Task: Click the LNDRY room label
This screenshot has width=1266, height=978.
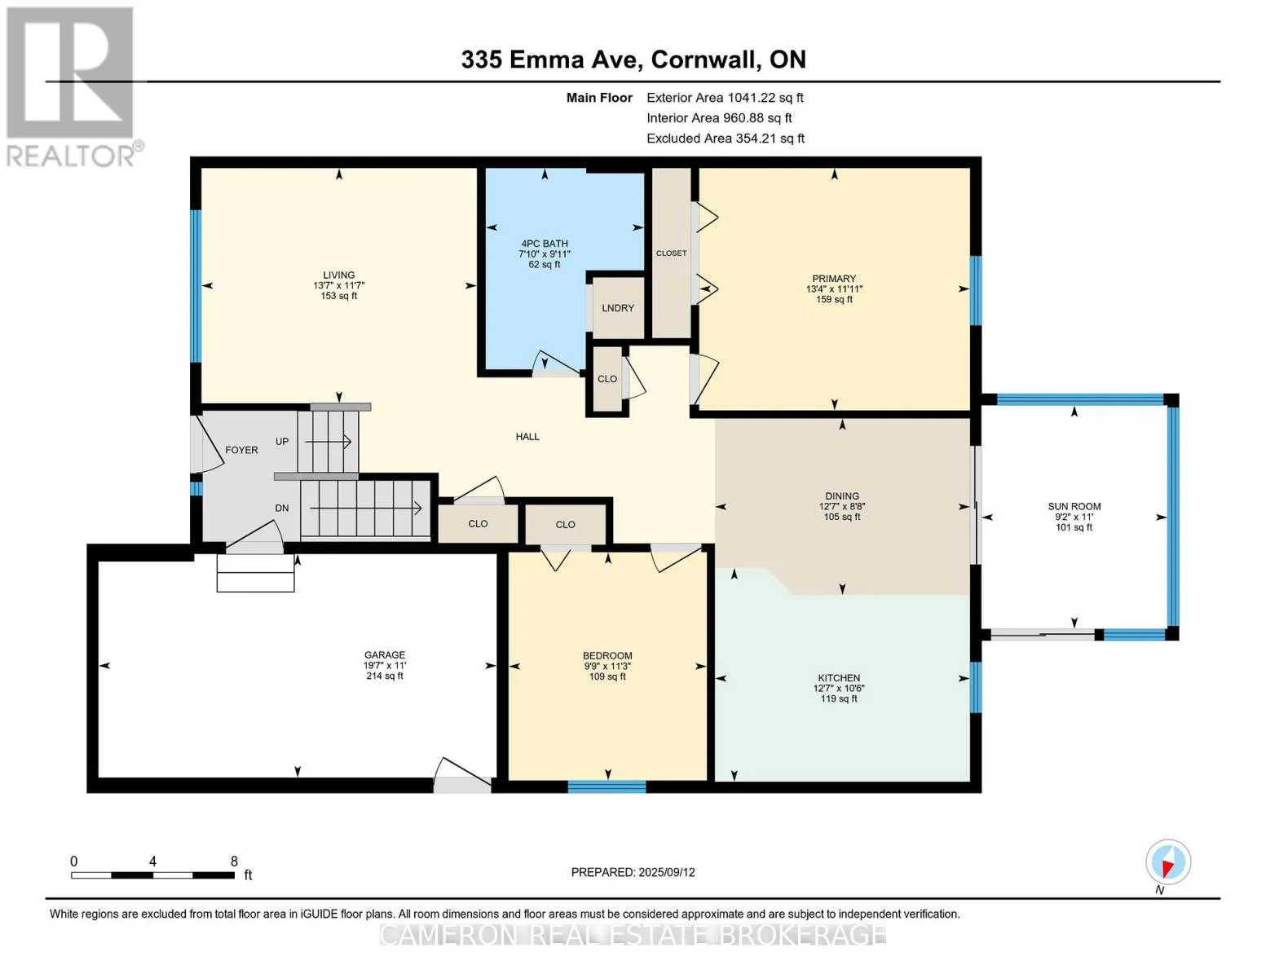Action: coord(618,307)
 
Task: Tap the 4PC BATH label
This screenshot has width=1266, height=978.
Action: coord(545,244)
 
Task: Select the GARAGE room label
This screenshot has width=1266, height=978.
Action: coord(385,654)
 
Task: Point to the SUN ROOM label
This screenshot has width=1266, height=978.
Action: coord(1074,506)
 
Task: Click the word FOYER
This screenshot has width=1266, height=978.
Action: coord(241,450)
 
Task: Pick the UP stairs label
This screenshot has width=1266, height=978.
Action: coord(282,442)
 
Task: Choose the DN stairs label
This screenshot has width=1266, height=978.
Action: coord(282,508)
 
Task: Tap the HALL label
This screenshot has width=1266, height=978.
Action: coord(527,436)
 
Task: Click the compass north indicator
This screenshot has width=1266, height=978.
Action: coord(1168,865)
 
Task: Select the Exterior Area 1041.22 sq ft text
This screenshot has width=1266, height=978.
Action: coord(725,98)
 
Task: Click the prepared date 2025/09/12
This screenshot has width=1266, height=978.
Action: coord(667,872)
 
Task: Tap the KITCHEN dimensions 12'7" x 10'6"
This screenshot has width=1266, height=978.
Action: coord(839,688)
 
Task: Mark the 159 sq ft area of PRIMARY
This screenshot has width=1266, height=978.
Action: coord(834,299)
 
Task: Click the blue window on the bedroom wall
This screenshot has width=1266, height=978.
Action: coord(607,787)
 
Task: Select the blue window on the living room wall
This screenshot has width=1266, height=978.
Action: coord(196,286)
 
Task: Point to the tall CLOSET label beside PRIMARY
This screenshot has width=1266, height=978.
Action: coord(671,253)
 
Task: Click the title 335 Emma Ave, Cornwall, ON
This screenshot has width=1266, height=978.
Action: coord(633,59)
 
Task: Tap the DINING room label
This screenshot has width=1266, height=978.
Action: coord(842,496)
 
